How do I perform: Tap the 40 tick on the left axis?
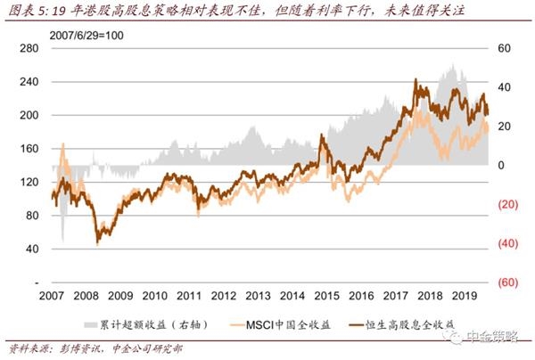[x=31, y=250]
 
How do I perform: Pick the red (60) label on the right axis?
[x=505, y=282]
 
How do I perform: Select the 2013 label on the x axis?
[x=258, y=295]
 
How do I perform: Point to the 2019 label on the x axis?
[x=464, y=295]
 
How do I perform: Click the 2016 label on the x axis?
[x=361, y=295]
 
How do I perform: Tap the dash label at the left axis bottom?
[x=35, y=282]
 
